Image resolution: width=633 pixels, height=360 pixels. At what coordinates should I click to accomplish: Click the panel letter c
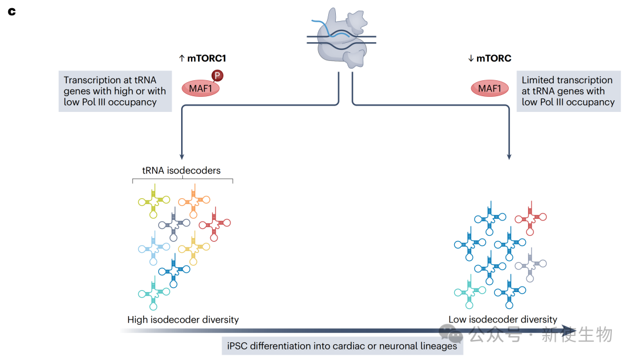coord(11,12)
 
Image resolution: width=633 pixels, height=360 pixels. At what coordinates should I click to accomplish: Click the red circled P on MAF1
coord(217,76)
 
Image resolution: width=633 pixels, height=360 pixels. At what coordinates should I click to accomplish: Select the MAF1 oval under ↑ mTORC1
coord(200,89)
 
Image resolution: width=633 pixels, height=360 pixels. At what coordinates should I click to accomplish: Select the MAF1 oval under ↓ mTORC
coord(489,89)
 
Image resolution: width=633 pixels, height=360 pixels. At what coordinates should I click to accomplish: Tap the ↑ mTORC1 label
coord(202,58)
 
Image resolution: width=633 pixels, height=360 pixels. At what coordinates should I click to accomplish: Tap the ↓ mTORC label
coord(489,58)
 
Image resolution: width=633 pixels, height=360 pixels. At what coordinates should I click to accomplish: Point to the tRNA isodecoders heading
coord(182,170)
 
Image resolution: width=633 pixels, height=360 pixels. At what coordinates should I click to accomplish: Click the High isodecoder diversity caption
coord(183,320)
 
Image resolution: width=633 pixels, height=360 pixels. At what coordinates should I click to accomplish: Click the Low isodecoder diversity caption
coord(503,320)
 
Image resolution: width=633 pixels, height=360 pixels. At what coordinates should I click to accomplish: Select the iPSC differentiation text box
coord(342,346)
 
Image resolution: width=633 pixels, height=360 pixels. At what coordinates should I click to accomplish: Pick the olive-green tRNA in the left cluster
coord(154,199)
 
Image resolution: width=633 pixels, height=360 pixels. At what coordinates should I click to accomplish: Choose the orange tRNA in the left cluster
coord(194,200)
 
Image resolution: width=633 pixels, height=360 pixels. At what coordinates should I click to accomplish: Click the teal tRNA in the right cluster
coord(470,291)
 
